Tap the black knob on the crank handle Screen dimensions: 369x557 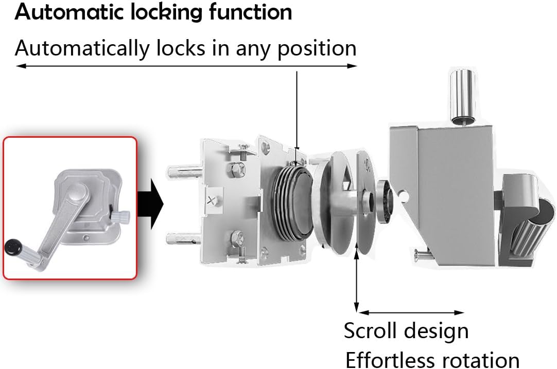(13, 247)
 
